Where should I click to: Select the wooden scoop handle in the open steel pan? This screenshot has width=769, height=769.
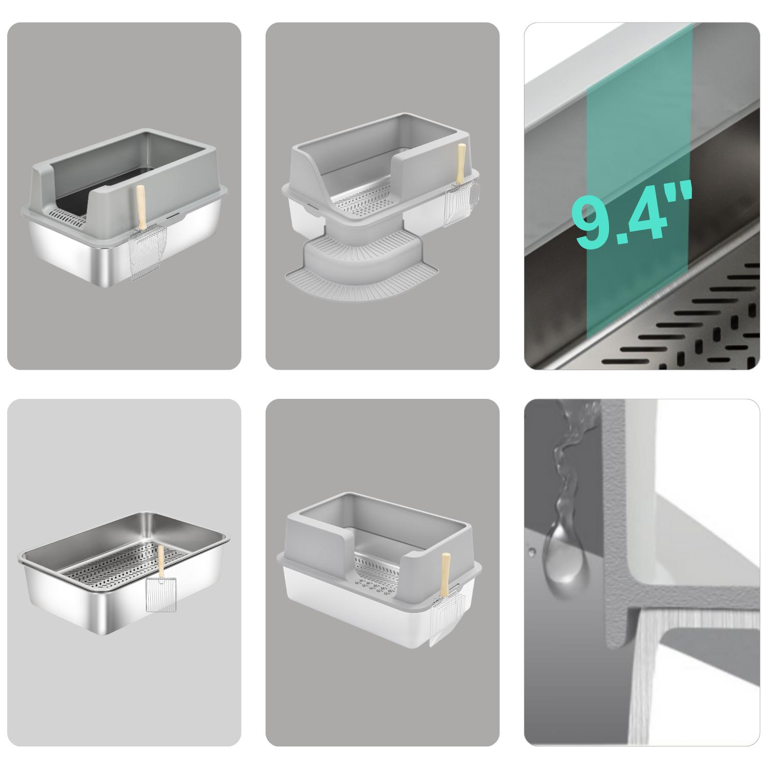click(161, 562)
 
